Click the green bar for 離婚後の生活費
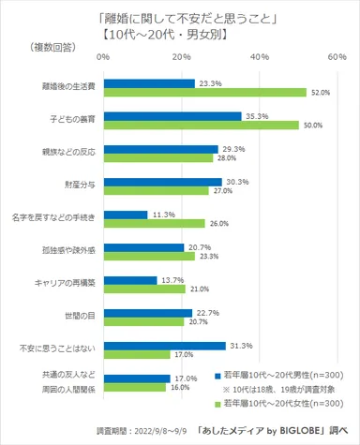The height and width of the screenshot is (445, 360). click(x=205, y=93)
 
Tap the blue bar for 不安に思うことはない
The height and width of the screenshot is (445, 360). click(x=164, y=345)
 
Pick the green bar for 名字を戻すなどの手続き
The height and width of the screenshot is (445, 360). click(x=154, y=224)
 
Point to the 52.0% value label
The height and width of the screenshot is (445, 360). click(x=322, y=93)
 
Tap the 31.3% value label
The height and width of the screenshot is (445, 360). click(x=240, y=345)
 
